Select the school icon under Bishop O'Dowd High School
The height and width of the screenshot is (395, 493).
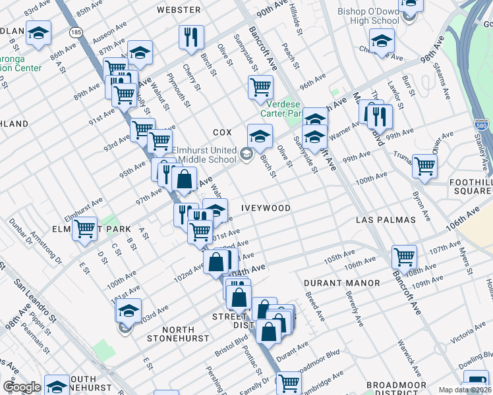tap(382, 39)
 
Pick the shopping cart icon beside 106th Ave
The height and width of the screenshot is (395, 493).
tap(404, 256)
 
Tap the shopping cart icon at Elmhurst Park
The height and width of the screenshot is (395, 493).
tap(85, 229)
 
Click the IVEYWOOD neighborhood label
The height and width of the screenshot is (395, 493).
tap(266, 207)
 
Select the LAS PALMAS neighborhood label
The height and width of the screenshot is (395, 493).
tap(385, 219)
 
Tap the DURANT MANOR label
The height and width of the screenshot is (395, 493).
tap(341, 283)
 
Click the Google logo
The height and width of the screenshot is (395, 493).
tap(22, 387)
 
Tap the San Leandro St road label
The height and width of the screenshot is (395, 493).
tap(32, 300)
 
